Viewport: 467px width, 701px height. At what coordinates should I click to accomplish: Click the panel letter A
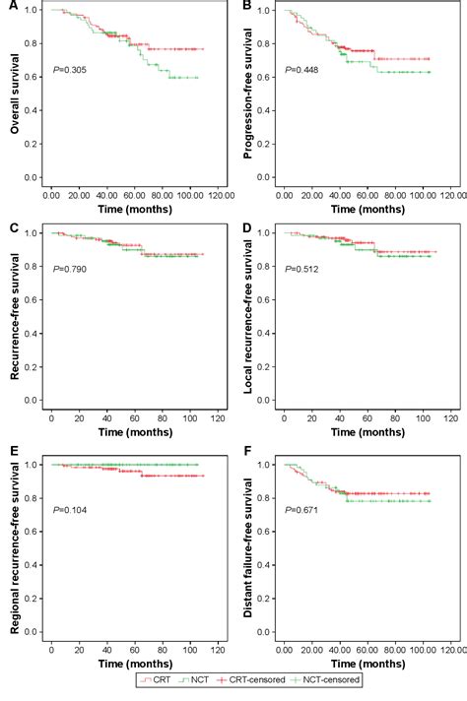tap(8, 7)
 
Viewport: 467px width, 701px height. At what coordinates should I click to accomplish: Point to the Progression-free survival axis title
tap(245, 96)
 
